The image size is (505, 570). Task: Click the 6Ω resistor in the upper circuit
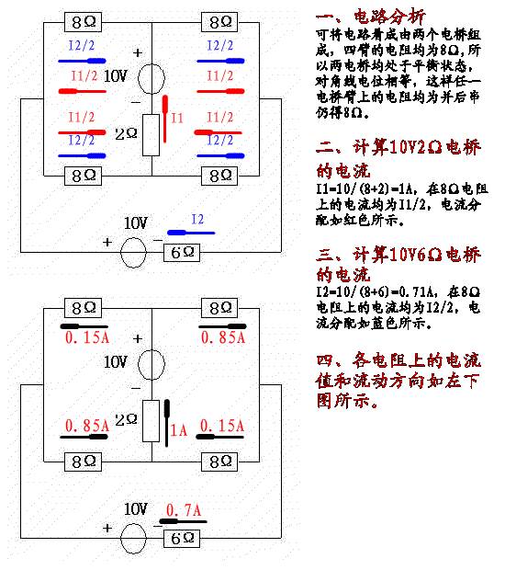coord(182,253)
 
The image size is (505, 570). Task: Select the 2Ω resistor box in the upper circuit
coord(151,135)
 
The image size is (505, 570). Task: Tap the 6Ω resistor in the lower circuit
coord(182,539)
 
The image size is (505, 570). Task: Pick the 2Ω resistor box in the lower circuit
coord(151,421)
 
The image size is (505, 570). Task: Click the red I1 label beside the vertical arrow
coord(177,119)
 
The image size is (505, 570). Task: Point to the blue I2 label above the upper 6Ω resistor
coord(197,219)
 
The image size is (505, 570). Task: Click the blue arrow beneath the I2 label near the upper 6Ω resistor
coord(191,233)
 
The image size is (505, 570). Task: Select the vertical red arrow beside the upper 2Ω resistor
coord(165,119)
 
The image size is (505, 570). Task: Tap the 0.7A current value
coord(184,510)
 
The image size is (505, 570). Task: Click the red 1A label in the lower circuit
coord(179,430)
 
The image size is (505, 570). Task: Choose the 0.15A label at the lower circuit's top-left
coord(87,337)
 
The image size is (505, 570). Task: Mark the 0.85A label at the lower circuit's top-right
coord(223,337)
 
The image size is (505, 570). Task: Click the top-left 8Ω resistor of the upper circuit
coord(84,22)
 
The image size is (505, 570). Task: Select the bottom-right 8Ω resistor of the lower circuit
coord(219,462)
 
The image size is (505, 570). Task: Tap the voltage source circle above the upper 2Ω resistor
coord(151,78)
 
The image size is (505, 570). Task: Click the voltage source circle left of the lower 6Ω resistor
coord(133,539)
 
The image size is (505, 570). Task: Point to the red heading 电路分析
coord(389,17)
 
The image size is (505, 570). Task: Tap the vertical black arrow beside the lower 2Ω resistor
coord(166,423)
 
